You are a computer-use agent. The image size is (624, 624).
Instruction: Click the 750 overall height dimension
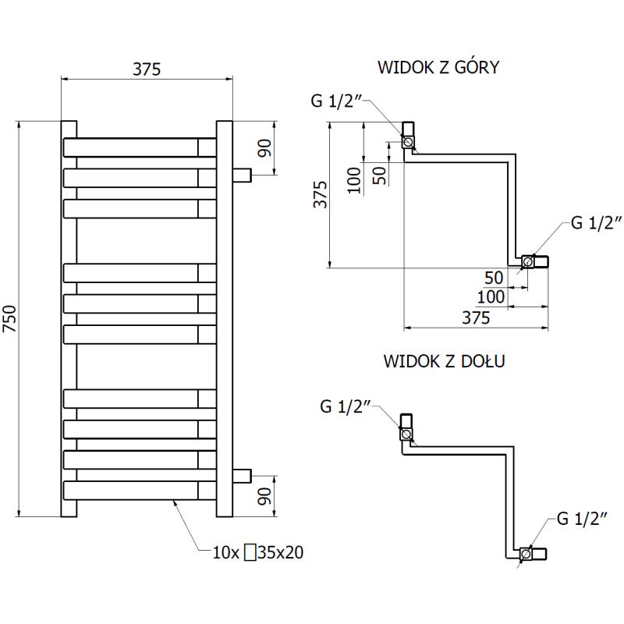click(x=10, y=318)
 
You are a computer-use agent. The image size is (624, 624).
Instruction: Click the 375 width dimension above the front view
click(x=146, y=69)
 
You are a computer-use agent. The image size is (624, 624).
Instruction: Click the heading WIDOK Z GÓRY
click(x=438, y=67)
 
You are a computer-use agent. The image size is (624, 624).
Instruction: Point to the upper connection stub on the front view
click(x=242, y=174)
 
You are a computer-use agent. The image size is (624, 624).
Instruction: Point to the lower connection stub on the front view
click(x=242, y=473)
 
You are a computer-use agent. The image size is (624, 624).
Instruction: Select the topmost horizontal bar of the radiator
click(x=133, y=147)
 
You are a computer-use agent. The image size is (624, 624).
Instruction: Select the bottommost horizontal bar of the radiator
click(x=133, y=491)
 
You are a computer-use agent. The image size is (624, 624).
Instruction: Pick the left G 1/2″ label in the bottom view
click(x=346, y=406)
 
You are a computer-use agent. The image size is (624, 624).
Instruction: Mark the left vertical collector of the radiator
click(x=69, y=318)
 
